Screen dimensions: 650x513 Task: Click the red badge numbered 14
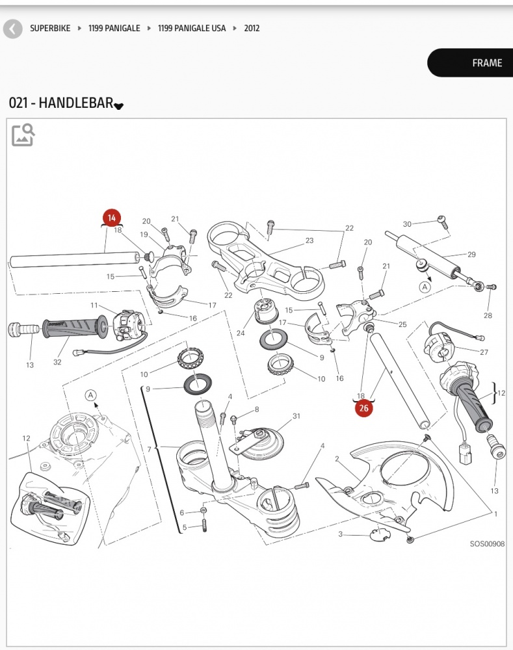point(112,218)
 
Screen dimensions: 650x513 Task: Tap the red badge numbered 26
point(363,408)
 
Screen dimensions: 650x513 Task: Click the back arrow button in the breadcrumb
point(12,29)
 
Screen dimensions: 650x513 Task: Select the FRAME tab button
point(486,63)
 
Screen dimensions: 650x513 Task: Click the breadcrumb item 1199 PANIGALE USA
point(192,29)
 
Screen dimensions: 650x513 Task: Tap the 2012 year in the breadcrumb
point(252,29)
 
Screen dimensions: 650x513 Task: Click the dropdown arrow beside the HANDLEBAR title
point(118,106)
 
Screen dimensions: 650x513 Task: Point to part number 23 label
point(309,240)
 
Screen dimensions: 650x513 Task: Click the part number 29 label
point(472,254)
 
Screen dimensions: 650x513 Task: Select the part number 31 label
point(296,416)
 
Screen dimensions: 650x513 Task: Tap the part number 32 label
point(58,361)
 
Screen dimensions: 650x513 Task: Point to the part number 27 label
point(484,352)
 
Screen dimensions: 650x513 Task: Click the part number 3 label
point(340,534)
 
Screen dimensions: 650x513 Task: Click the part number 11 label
point(94,305)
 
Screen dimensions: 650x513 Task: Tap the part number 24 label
point(241,333)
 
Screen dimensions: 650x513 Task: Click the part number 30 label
point(407,224)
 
